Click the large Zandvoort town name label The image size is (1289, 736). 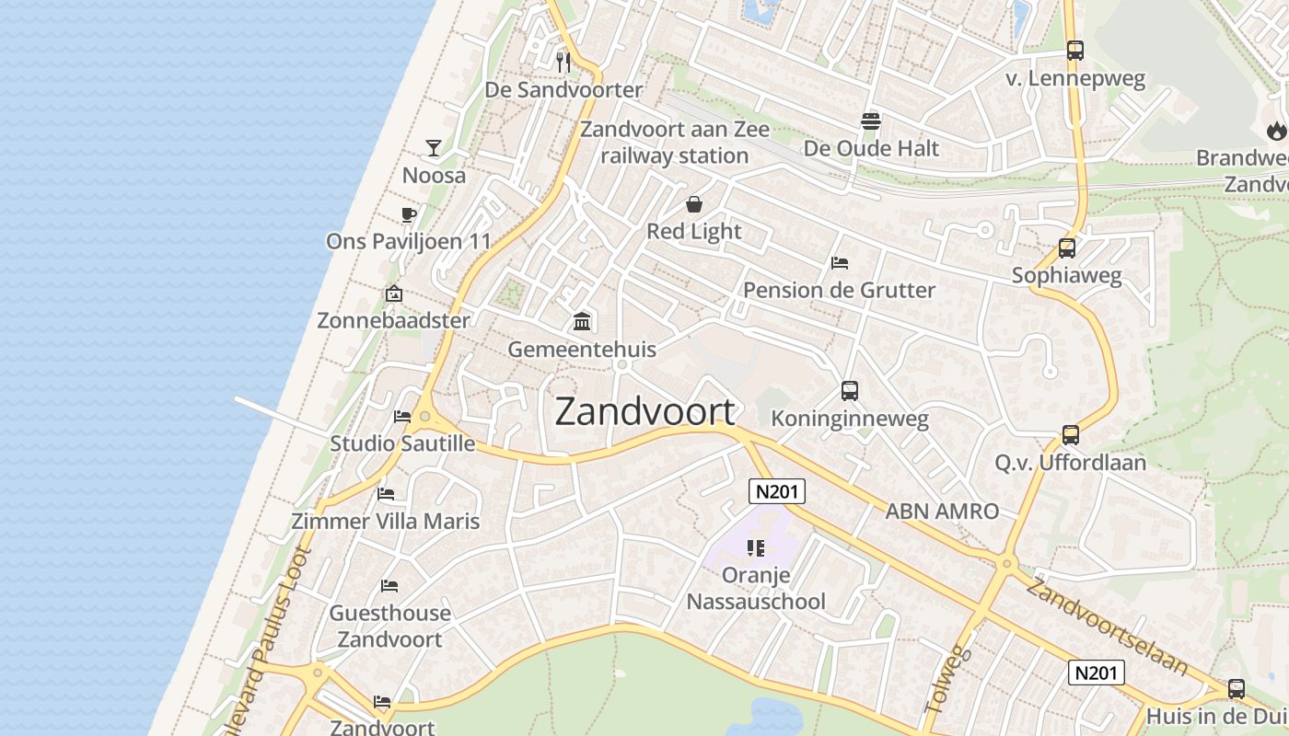point(645,411)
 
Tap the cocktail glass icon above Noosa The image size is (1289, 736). point(434,147)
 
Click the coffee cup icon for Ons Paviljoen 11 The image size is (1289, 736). point(409,214)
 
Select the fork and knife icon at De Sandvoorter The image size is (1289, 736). point(563,62)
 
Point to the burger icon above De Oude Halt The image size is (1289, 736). point(871,121)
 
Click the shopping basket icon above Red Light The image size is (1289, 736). point(694,203)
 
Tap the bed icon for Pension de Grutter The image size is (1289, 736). point(839,262)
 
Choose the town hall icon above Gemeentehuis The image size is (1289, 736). point(582,321)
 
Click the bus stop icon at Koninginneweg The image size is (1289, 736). point(850,391)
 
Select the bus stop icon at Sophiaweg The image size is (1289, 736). point(1067,247)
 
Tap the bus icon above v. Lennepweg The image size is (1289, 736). point(1075,51)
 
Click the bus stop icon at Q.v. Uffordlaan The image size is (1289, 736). point(1070,434)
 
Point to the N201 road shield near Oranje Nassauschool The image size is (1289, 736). point(776,491)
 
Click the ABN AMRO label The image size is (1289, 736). point(942,512)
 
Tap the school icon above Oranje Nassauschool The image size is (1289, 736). point(756,548)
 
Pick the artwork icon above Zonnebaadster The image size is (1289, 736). point(394,293)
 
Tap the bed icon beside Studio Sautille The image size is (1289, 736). point(402,416)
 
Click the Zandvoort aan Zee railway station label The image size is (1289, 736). point(675,143)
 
